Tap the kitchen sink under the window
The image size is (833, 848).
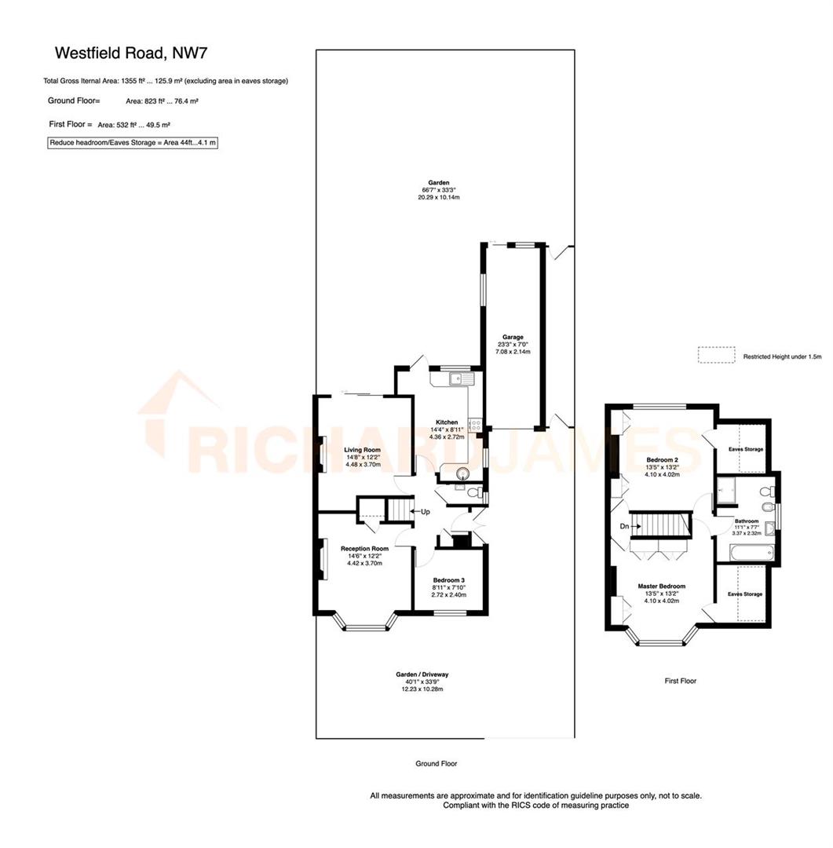[x=458, y=379]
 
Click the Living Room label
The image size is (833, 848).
[x=362, y=450]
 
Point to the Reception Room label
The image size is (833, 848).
[x=364, y=549]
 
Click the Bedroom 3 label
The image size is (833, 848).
[x=450, y=580]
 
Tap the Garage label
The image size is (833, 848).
[x=513, y=337]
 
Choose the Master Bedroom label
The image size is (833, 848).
[x=661, y=587]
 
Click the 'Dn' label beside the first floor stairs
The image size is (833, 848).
[x=624, y=526]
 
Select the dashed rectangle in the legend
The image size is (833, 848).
[x=716, y=356]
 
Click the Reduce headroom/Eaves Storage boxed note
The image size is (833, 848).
[x=132, y=143]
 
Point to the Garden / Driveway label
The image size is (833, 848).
[x=422, y=674]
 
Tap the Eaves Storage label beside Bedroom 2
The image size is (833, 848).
[x=745, y=449]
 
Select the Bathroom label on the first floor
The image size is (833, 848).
[x=746, y=521]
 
